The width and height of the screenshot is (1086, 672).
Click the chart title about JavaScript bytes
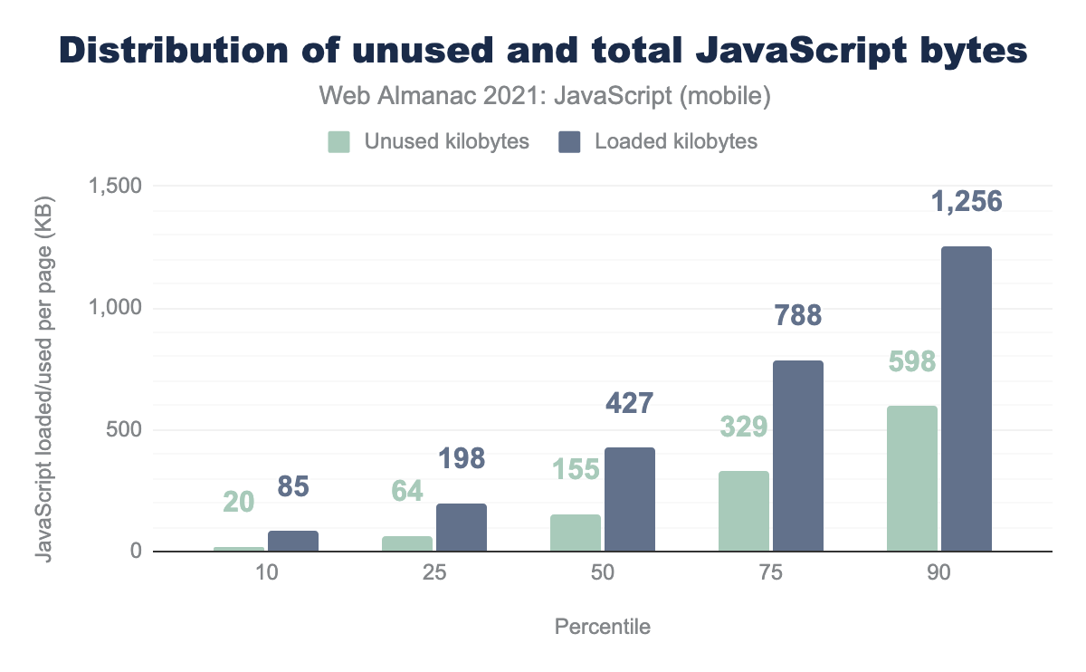point(543,52)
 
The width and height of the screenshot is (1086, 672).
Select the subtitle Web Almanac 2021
point(543,96)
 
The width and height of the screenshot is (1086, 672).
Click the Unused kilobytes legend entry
point(428,141)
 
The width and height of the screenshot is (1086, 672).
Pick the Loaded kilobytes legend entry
point(658,141)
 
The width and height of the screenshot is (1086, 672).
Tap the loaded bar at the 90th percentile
point(967,398)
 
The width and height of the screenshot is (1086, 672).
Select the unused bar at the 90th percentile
point(912,478)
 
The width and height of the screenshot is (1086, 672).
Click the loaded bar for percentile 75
point(798,456)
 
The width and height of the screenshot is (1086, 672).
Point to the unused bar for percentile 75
point(744,511)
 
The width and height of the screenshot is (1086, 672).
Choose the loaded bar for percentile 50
point(630,499)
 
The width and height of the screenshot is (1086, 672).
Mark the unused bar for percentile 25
point(407,543)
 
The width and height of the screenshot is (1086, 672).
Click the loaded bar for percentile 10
point(293,541)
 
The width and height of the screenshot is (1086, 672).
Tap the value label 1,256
point(967,201)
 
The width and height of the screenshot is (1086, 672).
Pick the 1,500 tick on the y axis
point(115,186)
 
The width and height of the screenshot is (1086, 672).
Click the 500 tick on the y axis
point(124,429)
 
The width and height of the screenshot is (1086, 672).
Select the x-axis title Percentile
point(602,627)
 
